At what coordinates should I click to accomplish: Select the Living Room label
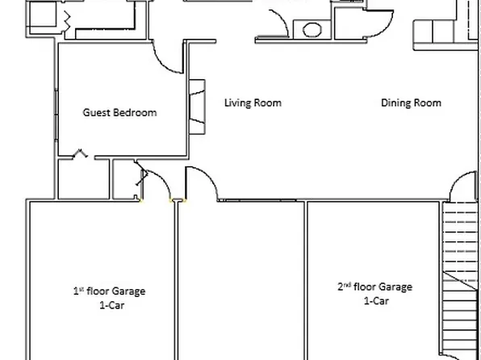253,103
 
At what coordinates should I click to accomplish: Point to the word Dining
397,103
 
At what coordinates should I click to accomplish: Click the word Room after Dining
429,103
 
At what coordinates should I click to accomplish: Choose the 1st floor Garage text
109,291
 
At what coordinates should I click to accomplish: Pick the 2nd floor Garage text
374,287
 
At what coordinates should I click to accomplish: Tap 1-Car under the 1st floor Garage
109,305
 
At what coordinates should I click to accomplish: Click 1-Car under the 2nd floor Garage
374,300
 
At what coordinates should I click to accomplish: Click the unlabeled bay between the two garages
240,278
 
